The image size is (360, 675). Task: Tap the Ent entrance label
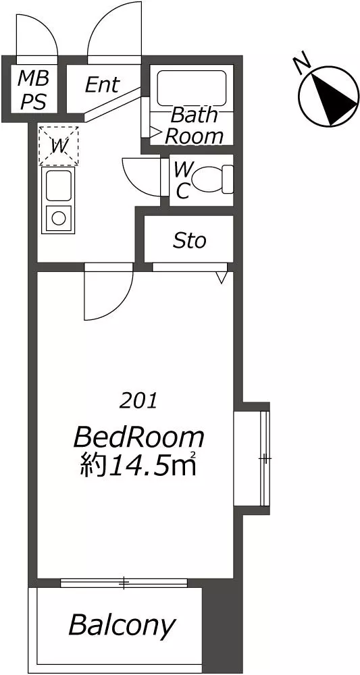click(x=102, y=84)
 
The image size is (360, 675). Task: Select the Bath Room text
click(x=195, y=126)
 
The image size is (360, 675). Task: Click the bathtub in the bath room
click(x=192, y=88)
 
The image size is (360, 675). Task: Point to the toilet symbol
click(x=212, y=179)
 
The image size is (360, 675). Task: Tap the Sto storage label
click(x=190, y=241)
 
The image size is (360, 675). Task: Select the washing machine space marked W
click(x=59, y=146)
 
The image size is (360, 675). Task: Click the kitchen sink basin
click(x=59, y=185)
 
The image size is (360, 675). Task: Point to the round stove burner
click(x=58, y=218)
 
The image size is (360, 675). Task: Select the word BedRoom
click(x=138, y=438)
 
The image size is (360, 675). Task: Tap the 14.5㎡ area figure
click(x=151, y=466)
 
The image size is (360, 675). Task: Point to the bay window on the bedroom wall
click(x=251, y=459)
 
